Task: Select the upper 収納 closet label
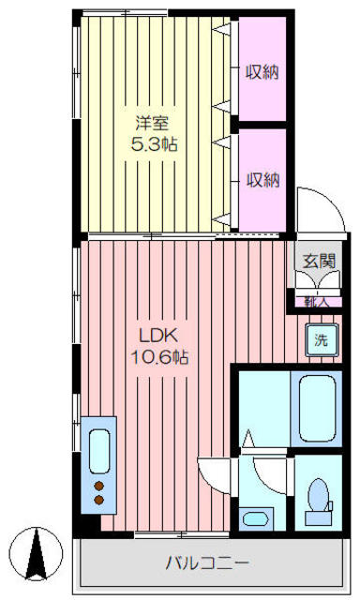pos(263,71)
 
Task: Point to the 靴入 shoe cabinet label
pos(317,301)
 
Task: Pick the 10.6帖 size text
pos(154,357)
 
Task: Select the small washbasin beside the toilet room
pos(254,518)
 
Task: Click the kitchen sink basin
pos(99,449)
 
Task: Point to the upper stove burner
pos(98,485)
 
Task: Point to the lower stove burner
pos(98,501)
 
